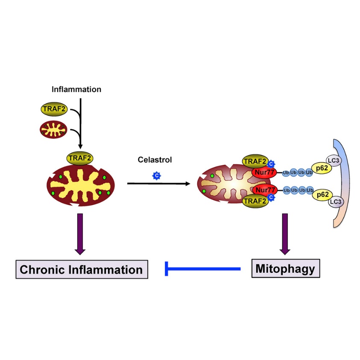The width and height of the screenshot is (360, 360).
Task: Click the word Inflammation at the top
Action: coord(76,90)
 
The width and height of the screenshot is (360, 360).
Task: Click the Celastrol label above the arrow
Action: coord(155,160)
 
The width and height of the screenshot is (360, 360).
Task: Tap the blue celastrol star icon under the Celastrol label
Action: coord(157,175)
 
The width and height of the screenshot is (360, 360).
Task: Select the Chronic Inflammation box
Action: coord(81,269)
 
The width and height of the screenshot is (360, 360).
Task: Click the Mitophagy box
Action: coord(285,269)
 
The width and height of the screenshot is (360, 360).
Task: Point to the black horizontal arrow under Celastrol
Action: coord(158,184)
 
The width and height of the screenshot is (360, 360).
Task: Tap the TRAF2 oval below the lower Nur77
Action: coord(255,200)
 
